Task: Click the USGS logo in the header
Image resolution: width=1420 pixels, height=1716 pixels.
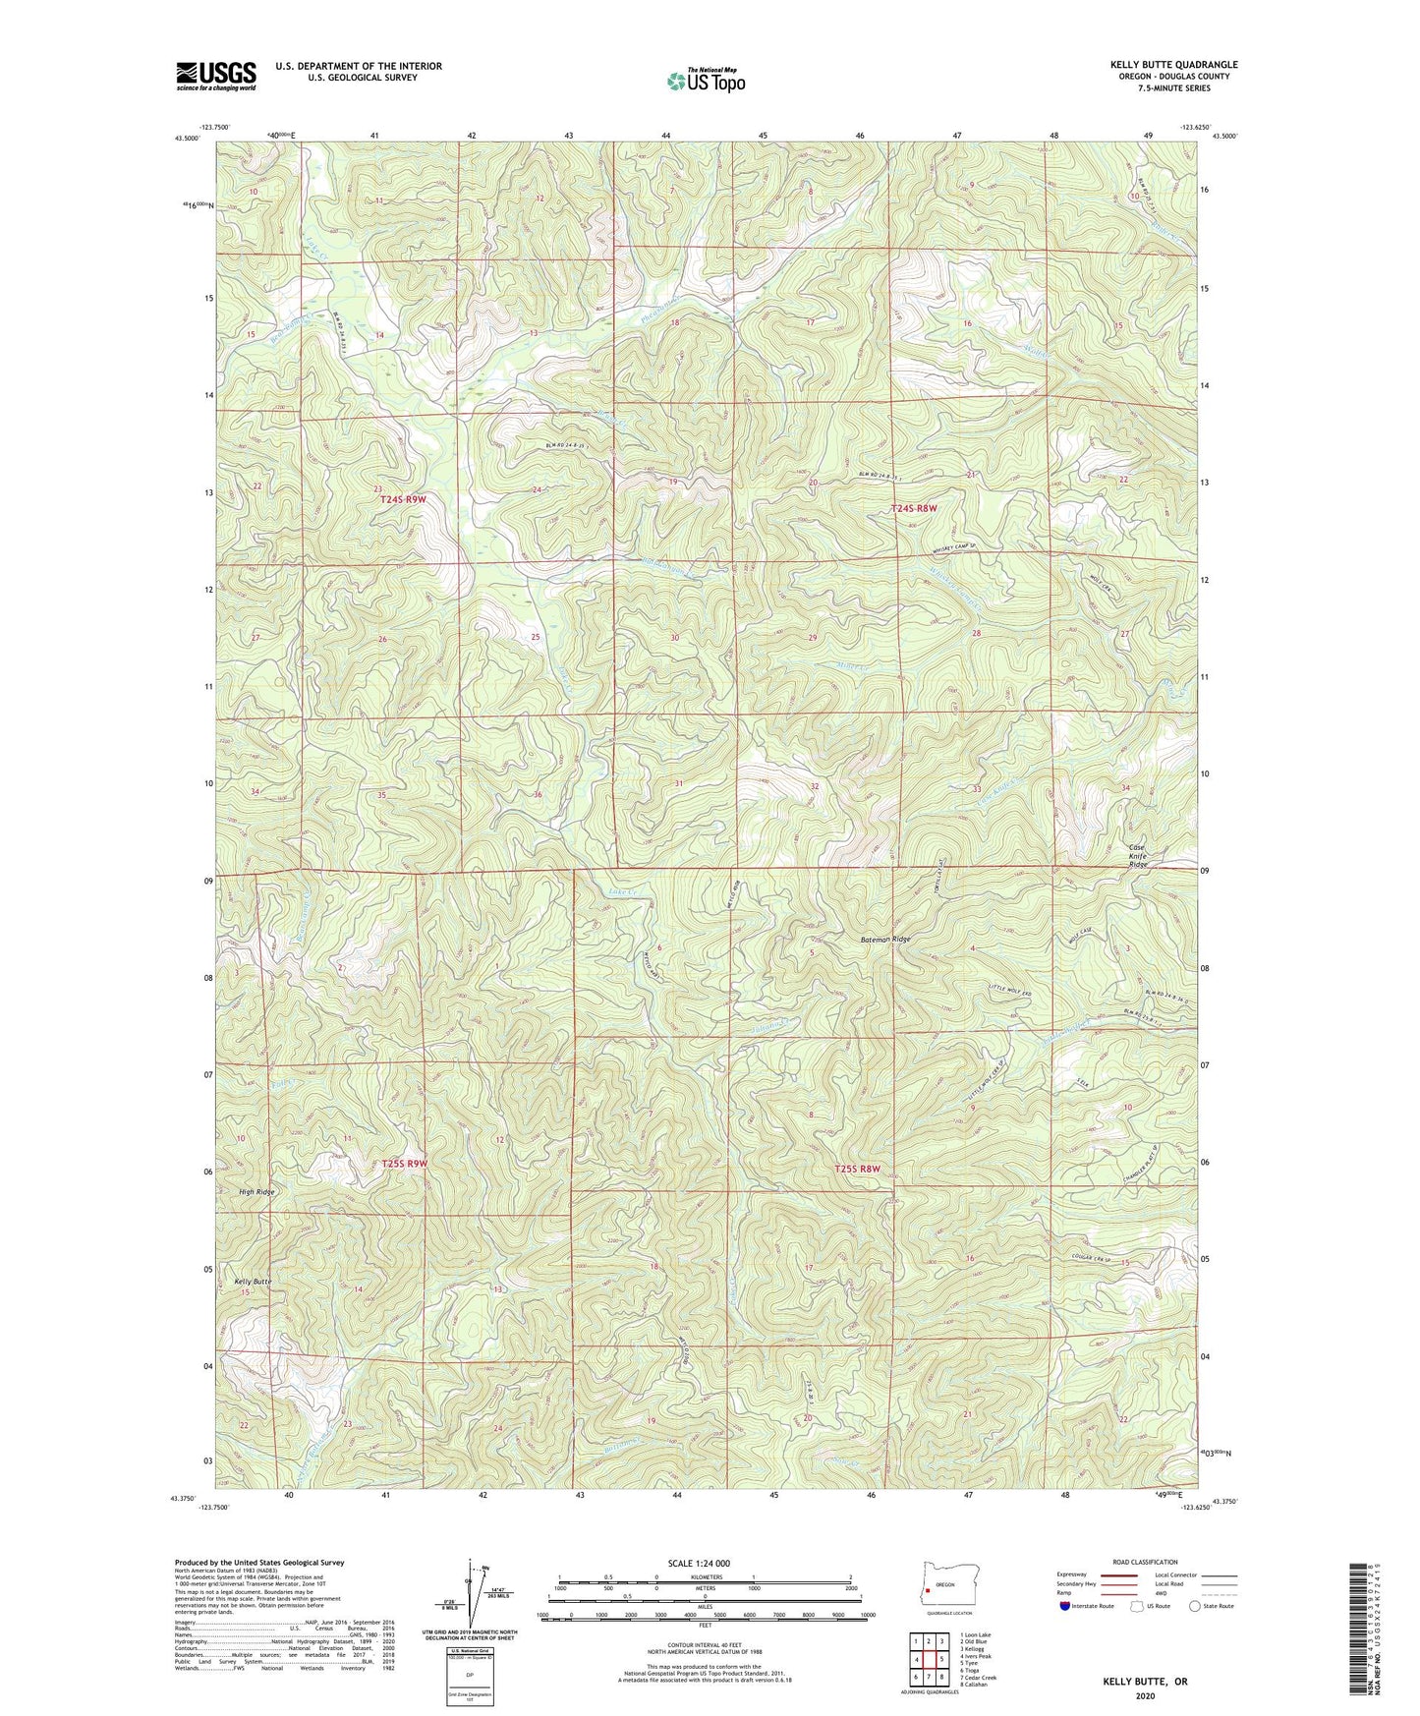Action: click(x=216, y=76)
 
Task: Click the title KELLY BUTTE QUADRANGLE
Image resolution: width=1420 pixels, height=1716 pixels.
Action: click(x=1173, y=65)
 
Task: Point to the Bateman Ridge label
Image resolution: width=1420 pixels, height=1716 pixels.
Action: click(x=880, y=940)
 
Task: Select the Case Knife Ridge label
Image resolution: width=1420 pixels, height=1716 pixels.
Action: click(x=1137, y=856)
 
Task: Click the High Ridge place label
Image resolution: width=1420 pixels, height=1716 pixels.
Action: click(x=256, y=1192)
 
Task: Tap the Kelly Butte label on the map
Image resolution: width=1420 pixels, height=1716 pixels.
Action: click(x=253, y=1282)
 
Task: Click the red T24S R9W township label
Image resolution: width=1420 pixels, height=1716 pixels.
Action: click(x=403, y=500)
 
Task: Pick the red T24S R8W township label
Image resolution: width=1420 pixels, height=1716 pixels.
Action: click(x=914, y=508)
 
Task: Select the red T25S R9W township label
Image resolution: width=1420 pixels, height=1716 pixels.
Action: click(x=405, y=1164)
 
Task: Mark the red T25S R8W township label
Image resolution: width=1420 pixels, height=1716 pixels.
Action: click(x=856, y=1169)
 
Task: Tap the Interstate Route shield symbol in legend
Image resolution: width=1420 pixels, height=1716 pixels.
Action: click(x=1066, y=1606)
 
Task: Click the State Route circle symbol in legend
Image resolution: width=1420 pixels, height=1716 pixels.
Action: click(x=1194, y=1606)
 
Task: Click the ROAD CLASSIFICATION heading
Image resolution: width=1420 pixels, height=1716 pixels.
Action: click(x=1146, y=1562)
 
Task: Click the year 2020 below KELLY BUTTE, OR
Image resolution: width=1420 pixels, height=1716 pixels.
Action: click(x=1145, y=1695)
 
